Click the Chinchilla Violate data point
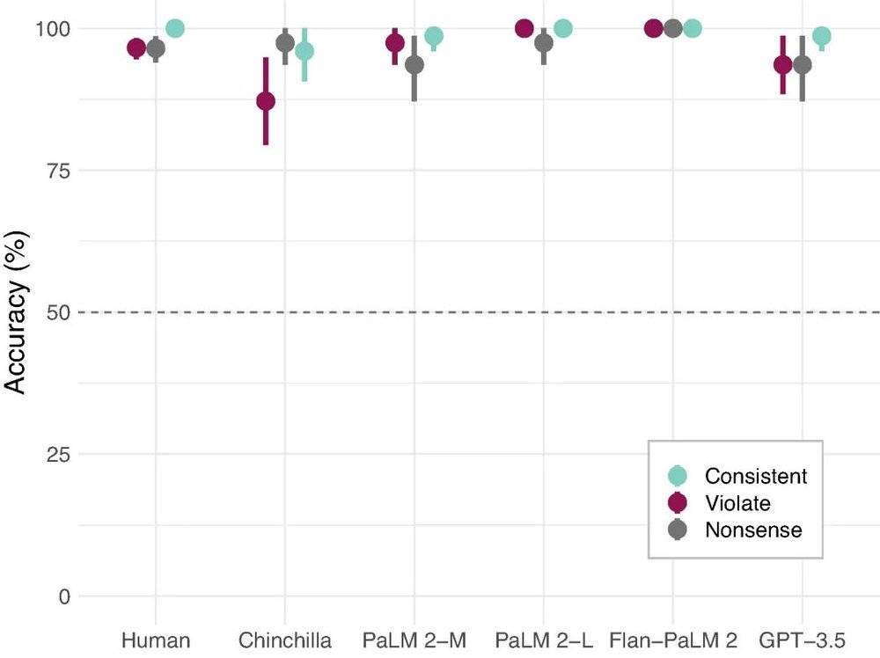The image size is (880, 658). coord(265,101)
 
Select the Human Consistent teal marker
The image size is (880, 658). coord(175,28)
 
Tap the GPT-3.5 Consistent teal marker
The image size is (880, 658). coord(822,36)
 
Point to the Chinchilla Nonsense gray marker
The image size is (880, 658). coord(284,42)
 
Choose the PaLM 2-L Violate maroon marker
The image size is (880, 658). coord(524,28)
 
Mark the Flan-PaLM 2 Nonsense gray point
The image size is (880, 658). coord(673,28)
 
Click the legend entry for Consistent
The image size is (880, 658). coord(755,476)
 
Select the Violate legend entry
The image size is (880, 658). coord(737,503)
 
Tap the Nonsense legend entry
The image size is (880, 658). coord(753,530)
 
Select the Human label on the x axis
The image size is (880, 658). coord(156,640)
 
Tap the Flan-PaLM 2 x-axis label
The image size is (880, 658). coord(673,640)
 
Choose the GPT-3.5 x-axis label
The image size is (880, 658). coord(803,640)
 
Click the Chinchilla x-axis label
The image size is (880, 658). coord(285,640)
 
